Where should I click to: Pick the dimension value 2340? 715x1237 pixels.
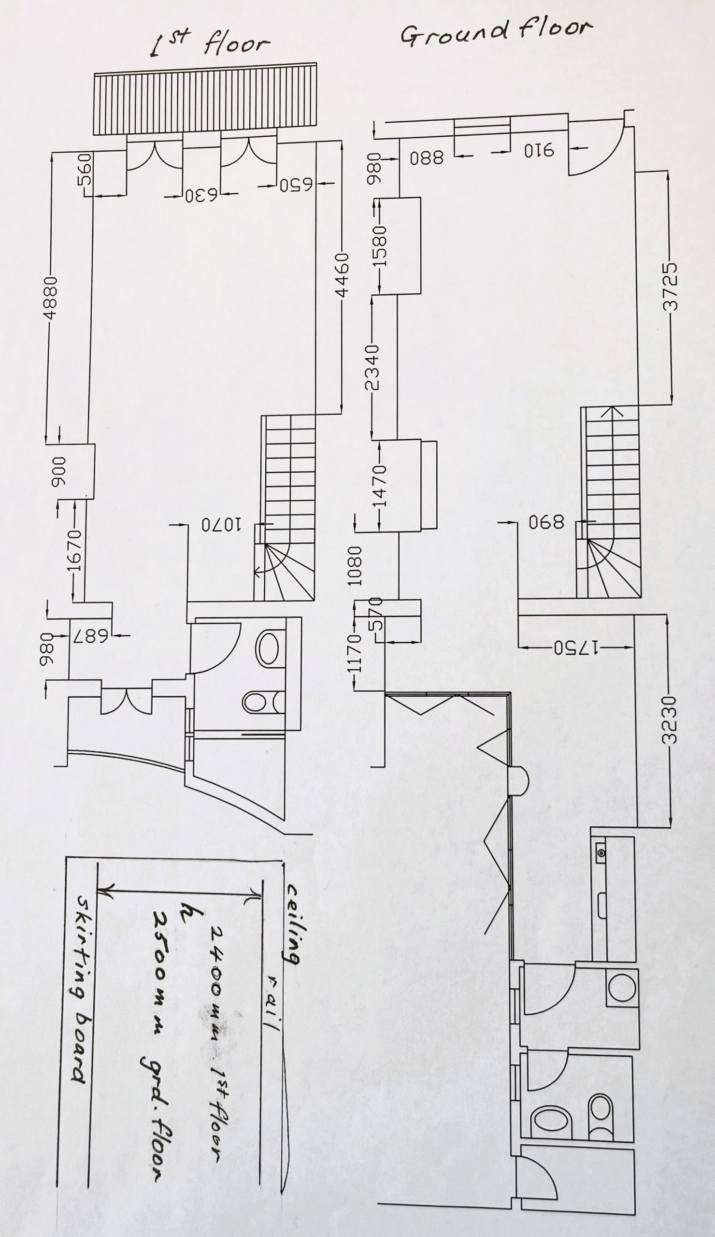point(372,367)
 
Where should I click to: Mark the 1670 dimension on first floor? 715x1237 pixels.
point(73,550)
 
